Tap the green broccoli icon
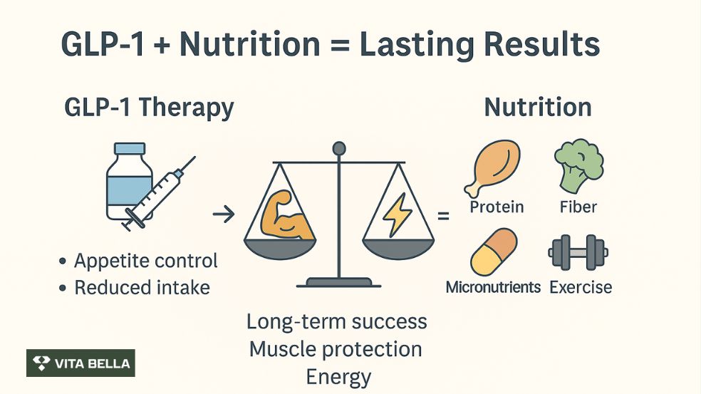pyautogui.click(x=578, y=163)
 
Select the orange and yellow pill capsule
pyautogui.click(x=493, y=252)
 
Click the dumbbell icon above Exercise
pyautogui.click(x=578, y=252)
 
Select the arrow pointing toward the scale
pyautogui.click(x=224, y=214)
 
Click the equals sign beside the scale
pyautogui.click(x=443, y=214)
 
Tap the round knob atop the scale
pyautogui.click(x=339, y=148)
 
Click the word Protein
pyautogui.click(x=497, y=207)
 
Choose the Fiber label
pyautogui.click(x=578, y=207)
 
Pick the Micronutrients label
pyautogui.click(x=493, y=287)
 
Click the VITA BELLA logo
pyautogui.click(x=81, y=363)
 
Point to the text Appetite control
pyautogui.click(x=145, y=261)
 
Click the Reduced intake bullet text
pyautogui.click(x=142, y=287)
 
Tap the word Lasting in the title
pyautogui.click(x=415, y=44)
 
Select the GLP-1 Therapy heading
pyautogui.click(x=149, y=108)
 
